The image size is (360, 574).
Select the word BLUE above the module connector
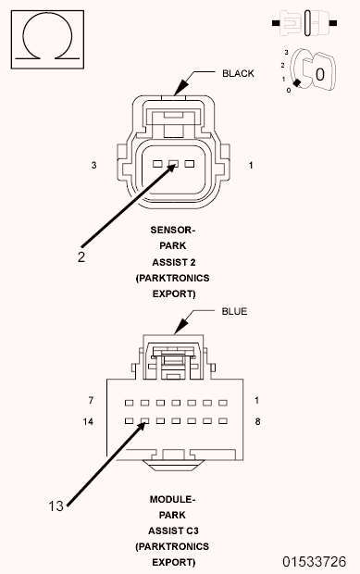coord(235,312)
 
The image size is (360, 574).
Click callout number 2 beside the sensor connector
coord(81,257)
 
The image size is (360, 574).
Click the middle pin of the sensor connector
coord(172,165)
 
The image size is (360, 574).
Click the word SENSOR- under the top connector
coord(173,228)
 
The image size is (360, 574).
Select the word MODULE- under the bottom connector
coord(173,499)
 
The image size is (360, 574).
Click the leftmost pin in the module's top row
coord(129,404)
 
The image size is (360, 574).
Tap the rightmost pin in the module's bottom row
coord(222,420)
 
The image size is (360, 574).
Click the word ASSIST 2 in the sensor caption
coord(173,260)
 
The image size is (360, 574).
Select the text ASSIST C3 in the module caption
coord(173,531)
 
